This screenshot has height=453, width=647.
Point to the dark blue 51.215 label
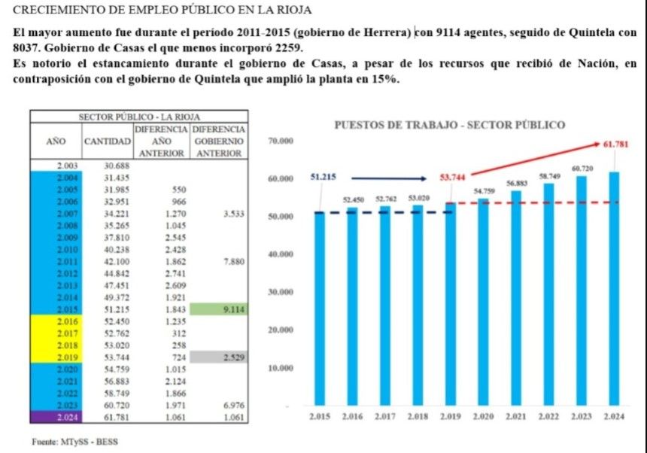[323, 178]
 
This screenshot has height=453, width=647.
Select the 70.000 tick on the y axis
[280, 141]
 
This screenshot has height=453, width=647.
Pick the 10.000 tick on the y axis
[280, 368]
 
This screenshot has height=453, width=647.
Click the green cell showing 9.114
[218, 309]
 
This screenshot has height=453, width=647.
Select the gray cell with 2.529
[218, 357]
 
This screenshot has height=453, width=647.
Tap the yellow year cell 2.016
[56, 321]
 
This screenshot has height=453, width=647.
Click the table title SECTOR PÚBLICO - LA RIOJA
[139, 117]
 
